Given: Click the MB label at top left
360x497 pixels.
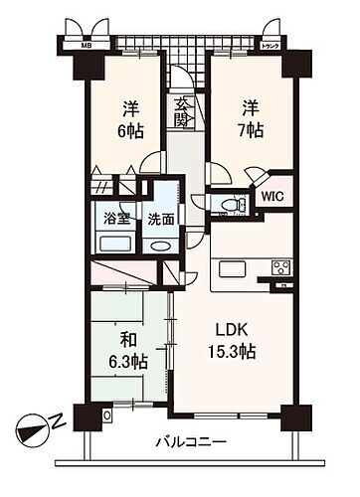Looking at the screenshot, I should tap(74, 45).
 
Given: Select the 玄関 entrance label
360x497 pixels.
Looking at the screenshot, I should tap(182, 110).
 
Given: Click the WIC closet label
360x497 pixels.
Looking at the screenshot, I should tap(271, 197).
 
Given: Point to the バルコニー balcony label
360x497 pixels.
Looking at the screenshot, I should tap(190, 440).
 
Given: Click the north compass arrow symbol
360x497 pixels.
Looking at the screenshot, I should tap(34, 429).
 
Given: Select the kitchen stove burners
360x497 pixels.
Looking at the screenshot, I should tap(279, 265).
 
